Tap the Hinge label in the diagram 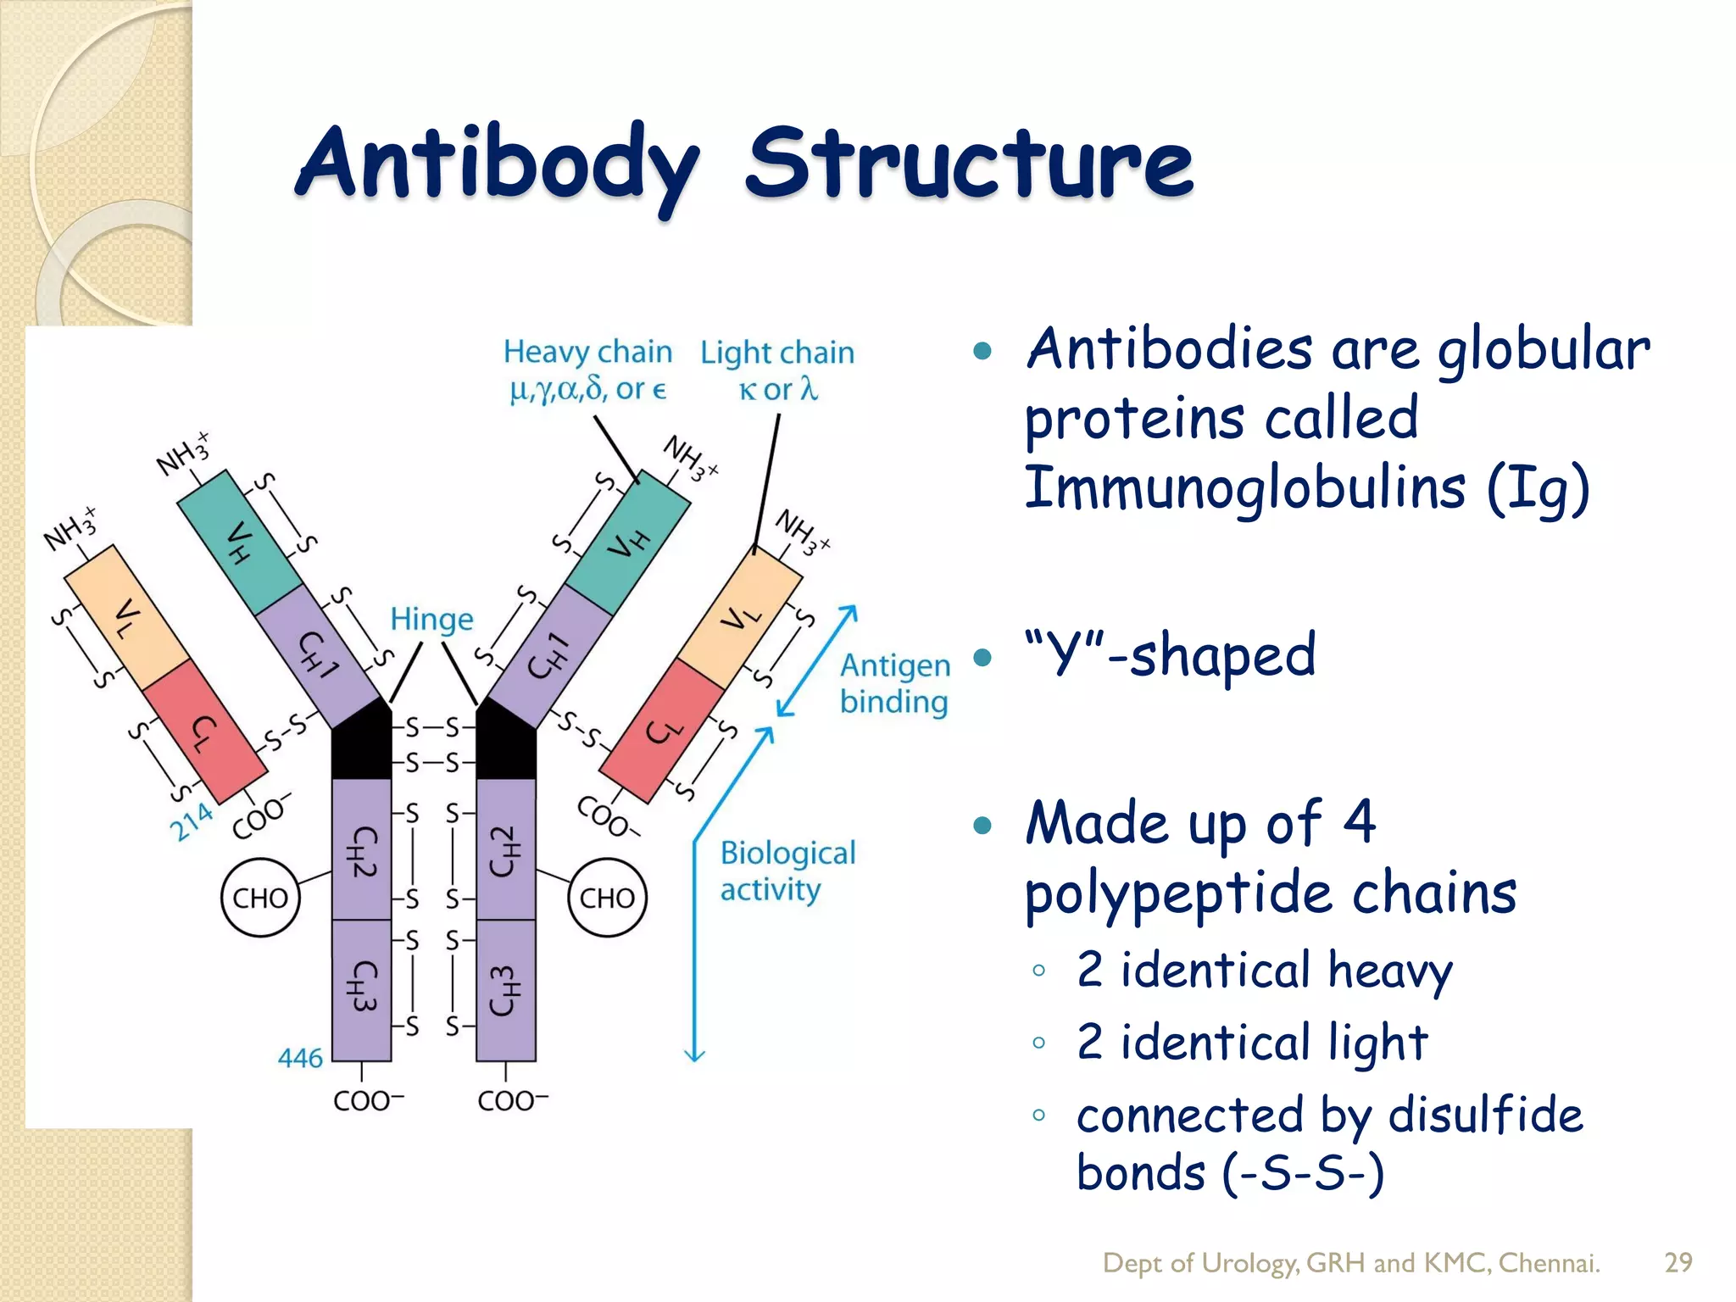point(431,620)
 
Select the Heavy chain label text point(587,352)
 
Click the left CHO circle point(260,898)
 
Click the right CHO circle point(607,898)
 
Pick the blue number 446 point(300,1058)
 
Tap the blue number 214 point(192,821)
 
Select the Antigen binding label point(894,683)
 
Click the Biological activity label point(787,871)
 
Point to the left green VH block point(240,542)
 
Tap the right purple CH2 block point(505,850)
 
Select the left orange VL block point(127,617)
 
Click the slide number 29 point(1678,1262)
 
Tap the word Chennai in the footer point(1549,1263)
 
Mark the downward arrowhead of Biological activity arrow point(694,1054)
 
